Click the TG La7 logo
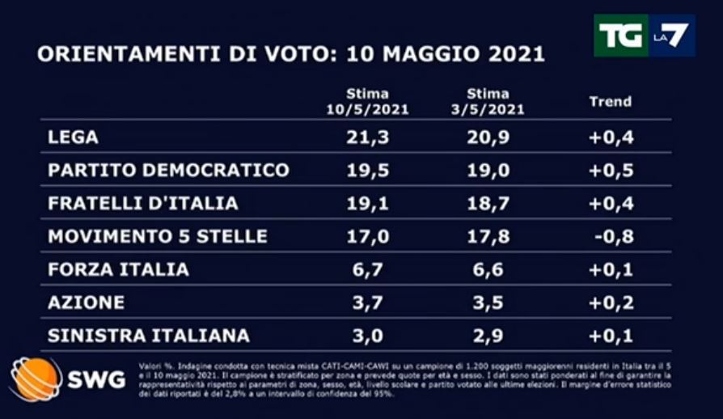(644, 36)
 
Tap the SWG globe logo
(36, 379)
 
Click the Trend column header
(610, 102)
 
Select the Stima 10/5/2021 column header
(367, 102)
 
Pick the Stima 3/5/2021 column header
(488, 102)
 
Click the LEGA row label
(74, 138)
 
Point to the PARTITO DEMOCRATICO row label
(168, 171)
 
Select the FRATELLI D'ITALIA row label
(143, 204)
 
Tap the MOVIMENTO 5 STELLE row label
(157, 237)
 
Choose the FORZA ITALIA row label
(118, 270)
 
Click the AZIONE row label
(87, 303)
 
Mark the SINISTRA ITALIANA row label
(149, 336)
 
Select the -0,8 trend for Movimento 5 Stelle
(612, 237)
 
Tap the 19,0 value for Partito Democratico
(488, 171)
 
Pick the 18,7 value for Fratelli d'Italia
(488, 204)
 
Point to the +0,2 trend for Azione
(611, 303)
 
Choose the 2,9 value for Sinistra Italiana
(488, 336)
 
